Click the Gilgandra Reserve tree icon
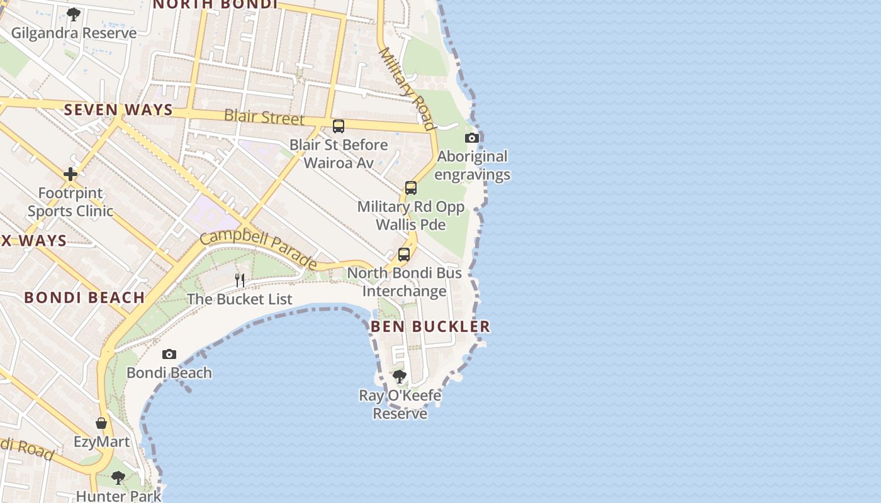(x=74, y=14)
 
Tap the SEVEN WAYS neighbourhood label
(x=118, y=109)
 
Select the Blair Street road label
(x=264, y=117)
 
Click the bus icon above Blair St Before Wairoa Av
(x=339, y=126)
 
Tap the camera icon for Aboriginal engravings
(x=472, y=138)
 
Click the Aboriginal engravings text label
(x=472, y=165)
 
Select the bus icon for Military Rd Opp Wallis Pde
(x=411, y=187)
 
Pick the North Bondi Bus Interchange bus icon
(x=404, y=255)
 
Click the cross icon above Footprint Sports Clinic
(x=70, y=174)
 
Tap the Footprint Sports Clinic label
(x=70, y=202)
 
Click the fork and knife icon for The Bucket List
(x=240, y=280)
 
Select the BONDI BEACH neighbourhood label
(x=84, y=297)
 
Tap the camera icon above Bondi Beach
(x=169, y=354)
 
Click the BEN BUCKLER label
(x=430, y=326)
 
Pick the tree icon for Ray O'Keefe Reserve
(x=400, y=377)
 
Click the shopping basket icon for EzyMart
(x=101, y=423)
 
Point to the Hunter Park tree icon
(x=118, y=478)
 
